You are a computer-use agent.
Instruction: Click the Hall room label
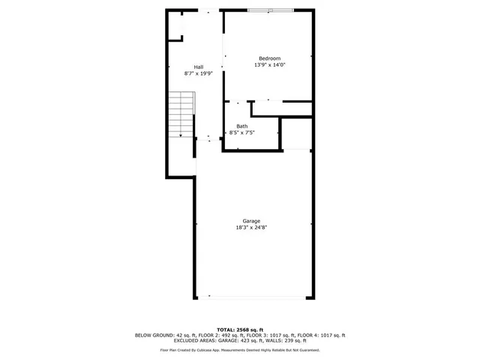coord(199,67)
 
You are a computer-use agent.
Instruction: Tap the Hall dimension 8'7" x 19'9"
coord(199,73)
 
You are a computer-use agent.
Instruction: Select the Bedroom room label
coord(269,58)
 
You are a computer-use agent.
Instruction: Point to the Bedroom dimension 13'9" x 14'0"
coord(269,65)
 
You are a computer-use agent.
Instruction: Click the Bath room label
coord(241,126)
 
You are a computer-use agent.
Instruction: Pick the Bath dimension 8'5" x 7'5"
coord(241,133)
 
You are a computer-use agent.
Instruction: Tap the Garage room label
coord(251,220)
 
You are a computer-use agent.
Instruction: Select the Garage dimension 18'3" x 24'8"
coord(251,227)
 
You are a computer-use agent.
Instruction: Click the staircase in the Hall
coord(181,114)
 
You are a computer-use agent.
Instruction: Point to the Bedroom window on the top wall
coord(271,10)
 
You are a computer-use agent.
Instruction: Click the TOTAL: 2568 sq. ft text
coord(240,330)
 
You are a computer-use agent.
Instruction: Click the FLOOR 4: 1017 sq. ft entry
coord(319,335)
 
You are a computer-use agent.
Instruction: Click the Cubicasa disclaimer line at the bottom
coord(240,350)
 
